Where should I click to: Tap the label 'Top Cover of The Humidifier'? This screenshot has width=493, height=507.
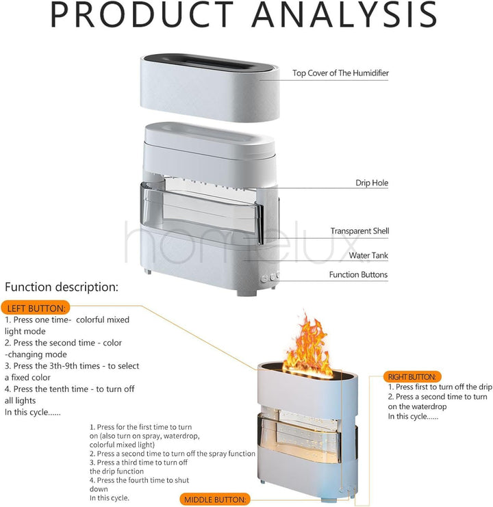click(340, 73)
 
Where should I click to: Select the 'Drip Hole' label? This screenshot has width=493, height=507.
click(372, 183)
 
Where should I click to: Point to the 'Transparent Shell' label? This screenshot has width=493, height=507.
click(359, 231)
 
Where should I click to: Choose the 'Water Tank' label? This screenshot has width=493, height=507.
click(369, 256)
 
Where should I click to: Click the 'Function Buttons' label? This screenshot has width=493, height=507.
click(358, 274)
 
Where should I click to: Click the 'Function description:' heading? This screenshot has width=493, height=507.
click(62, 287)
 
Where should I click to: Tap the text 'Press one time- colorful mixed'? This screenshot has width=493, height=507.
click(68, 320)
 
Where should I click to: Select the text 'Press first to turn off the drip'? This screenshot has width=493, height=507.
click(439, 387)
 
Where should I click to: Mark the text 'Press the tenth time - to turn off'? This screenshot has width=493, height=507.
click(69, 389)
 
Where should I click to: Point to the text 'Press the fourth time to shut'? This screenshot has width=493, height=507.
click(139, 480)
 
